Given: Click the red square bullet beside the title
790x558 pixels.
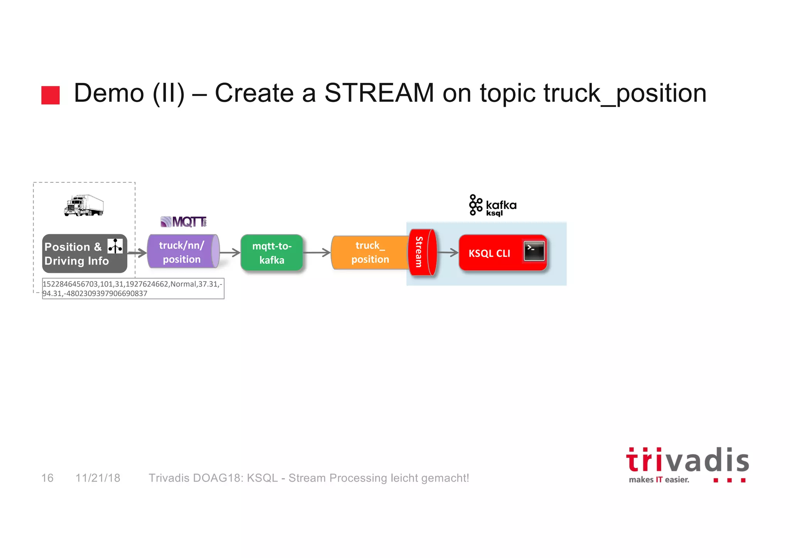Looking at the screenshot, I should point(51,95).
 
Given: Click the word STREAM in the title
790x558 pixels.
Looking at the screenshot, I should point(379,93).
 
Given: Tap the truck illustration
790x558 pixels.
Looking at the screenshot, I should point(84,206).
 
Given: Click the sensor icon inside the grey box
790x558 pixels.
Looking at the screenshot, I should point(115,246).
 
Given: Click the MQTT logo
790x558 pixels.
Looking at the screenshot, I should point(184,222).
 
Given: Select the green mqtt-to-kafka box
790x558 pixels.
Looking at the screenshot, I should point(272,253).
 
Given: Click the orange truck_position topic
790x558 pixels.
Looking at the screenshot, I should point(370,253).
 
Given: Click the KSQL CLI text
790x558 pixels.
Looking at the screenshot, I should point(489,253).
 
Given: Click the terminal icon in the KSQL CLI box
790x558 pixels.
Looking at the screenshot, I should point(534,251).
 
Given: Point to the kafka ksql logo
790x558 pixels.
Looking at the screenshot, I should point(493,206).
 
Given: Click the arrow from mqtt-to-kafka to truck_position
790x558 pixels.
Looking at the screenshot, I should point(317,253).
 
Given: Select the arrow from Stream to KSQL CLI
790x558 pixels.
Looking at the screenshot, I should point(448,253).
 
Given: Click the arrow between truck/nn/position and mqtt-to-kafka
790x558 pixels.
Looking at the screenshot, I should point(230,253).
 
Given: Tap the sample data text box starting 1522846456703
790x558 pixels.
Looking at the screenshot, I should point(133,288).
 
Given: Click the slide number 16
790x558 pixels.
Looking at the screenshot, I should point(47,478).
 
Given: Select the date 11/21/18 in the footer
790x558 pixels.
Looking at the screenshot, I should point(98,478).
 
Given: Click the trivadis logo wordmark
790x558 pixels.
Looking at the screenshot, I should point(687,460).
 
